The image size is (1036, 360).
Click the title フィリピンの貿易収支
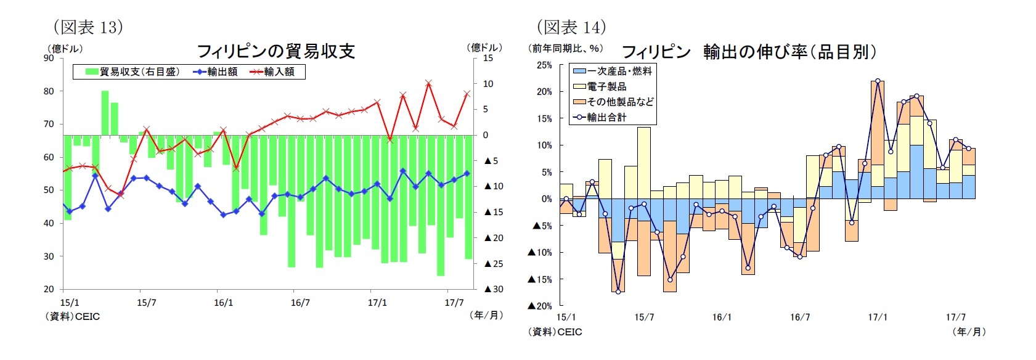pyautogui.click(x=275, y=51)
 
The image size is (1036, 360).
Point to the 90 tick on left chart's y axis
pyautogui.click(x=49, y=58)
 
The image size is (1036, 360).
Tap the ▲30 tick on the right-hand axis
pyautogui.click(x=494, y=289)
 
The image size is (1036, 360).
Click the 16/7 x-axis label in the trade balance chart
pyautogui.click(x=300, y=303)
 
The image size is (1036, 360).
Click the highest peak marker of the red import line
pyautogui.click(x=428, y=83)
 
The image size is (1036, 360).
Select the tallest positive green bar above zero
pyautogui.click(x=105, y=112)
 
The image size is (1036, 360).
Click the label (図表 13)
pyautogui.click(x=88, y=27)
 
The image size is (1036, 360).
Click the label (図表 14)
pyautogui.click(x=571, y=27)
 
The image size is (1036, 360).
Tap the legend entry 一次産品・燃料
pyautogui.click(x=619, y=72)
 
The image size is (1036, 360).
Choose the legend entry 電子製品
pyautogui.click(x=606, y=87)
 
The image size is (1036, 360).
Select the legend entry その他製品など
pyautogui.click(x=619, y=102)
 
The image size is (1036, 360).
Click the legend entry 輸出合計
pyautogui.click(x=606, y=117)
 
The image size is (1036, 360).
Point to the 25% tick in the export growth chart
pyautogui.click(x=544, y=65)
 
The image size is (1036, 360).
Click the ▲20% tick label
pyautogui.click(x=539, y=306)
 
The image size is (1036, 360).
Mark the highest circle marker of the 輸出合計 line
pyautogui.click(x=878, y=81)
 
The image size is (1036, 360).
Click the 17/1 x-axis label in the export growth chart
pyautogui.click(x=878, y=317)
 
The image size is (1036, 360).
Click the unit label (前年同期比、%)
pyautogui.click(x=566, y=48)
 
